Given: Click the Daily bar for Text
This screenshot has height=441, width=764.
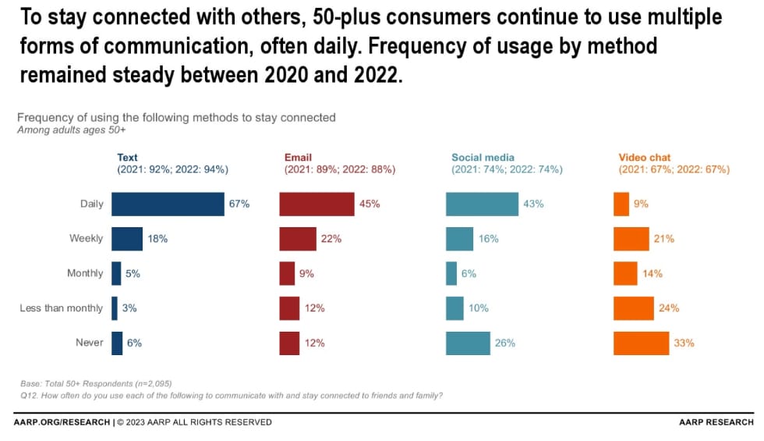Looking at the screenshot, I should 168,204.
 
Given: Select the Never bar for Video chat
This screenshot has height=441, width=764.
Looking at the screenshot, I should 641,343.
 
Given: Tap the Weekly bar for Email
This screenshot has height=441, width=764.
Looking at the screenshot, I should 298,239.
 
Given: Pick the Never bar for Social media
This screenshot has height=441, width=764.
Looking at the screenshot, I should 468,343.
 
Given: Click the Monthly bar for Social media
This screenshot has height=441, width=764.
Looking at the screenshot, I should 451,273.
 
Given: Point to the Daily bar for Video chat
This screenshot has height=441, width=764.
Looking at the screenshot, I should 621,204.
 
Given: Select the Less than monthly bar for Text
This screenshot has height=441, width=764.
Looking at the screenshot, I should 115,308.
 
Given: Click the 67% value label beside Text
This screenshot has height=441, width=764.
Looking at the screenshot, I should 239,204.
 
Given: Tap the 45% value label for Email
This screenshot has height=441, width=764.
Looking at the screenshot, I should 370,204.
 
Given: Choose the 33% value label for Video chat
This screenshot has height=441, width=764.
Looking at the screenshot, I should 684,343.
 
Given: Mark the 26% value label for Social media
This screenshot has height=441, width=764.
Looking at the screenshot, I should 505,343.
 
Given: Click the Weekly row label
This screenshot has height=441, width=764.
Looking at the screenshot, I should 86,239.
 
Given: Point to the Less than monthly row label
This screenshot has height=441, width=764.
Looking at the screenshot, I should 61,308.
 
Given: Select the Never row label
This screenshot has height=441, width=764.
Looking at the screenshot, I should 90,343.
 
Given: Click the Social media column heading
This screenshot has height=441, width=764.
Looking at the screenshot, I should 483,158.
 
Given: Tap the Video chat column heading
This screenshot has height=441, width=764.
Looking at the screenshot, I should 645,158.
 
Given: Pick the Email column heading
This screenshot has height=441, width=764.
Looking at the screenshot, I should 298,158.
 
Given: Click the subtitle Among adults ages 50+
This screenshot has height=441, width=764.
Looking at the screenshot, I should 72,130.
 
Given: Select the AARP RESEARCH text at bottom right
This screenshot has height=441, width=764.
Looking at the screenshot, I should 716,422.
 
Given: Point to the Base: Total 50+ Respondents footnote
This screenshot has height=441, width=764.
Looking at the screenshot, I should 96,383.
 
